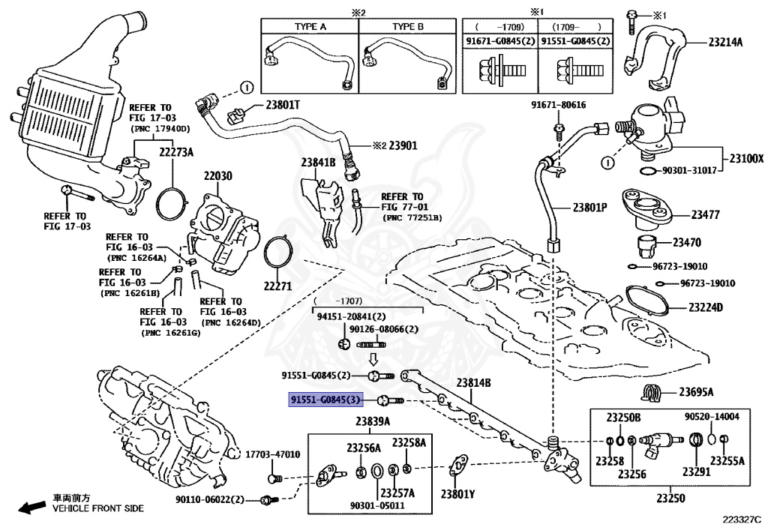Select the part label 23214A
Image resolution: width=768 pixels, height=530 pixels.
(x=725, y=42)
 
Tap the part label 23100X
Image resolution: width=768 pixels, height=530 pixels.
(x=745, y=159)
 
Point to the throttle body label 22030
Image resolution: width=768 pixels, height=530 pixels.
(x=218, y=175)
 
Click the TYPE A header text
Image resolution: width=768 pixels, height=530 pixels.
(x=310, y=25)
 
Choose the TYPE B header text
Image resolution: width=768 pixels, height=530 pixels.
(x=407, y=25)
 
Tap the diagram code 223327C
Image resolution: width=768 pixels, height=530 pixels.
(x=741, y=518)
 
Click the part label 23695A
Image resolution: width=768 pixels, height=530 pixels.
(x=696, y=391)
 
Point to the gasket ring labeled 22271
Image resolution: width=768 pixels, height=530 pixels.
(x=275, y=285)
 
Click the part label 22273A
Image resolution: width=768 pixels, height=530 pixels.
(x=175, y=153)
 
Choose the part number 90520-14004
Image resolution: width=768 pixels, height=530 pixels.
(x=711, y=417)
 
